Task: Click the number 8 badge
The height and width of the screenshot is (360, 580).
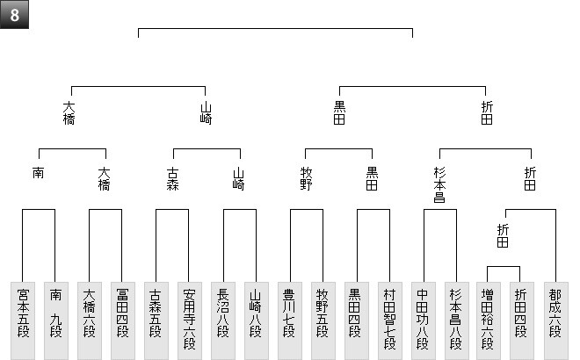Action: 14,14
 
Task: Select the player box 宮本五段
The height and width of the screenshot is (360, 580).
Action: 23,320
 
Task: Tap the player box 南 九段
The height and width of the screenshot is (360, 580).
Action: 56,320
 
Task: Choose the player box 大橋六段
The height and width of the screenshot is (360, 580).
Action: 89,320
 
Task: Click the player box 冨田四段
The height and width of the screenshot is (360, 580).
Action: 123,320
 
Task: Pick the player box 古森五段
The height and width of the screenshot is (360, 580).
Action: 156,320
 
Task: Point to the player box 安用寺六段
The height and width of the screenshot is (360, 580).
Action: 190,320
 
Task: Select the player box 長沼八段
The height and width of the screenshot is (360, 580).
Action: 223,320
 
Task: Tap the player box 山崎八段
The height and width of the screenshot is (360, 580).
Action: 257,320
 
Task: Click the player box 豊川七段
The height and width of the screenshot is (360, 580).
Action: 290,320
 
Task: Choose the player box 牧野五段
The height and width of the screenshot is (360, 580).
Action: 323,320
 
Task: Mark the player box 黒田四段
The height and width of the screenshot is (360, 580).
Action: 357,320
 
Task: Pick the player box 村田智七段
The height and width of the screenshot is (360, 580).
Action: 390,320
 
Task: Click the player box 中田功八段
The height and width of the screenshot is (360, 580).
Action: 424,320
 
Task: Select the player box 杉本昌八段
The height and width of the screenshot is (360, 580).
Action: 457,320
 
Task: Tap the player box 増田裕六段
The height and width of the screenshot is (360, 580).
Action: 489,320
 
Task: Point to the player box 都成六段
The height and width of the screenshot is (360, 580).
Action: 556,320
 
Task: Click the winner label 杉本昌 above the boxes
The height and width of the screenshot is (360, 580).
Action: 439,184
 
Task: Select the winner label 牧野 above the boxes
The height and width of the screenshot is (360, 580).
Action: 306,178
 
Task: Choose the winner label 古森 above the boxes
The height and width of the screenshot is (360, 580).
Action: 173,178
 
